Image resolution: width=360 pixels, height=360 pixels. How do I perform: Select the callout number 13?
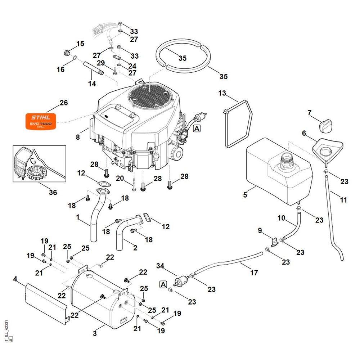click(222, 93)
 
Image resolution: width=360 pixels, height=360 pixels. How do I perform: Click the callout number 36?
click(53, 192)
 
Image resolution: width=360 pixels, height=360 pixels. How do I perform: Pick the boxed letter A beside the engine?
click(197, 128)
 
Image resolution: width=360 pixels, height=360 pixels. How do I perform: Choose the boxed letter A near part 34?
click(163, 284)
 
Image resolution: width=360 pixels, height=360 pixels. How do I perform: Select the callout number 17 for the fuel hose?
click(254, 273)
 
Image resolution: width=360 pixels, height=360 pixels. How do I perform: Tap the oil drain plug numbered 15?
click(66, 53)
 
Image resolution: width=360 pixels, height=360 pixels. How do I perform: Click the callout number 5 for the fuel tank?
click(245, 195)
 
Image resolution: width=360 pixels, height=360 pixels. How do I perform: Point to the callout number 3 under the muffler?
click(95, 334)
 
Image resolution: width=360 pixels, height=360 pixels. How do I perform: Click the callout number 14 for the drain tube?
click(92, 84)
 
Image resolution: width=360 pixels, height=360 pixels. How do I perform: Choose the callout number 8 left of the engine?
click(78, 137)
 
